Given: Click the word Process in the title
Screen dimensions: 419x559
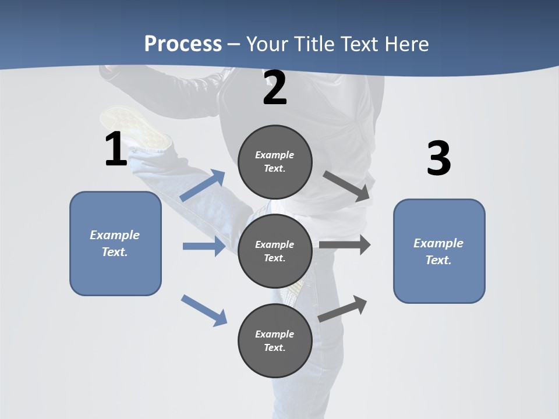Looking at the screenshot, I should click(183, 44).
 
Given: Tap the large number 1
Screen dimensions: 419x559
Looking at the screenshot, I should click(116, 149).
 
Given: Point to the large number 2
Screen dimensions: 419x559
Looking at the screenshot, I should click(275, 88).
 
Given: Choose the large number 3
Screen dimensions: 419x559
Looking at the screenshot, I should click(438, 158).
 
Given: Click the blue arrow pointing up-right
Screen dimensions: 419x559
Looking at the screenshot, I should click(203, 186).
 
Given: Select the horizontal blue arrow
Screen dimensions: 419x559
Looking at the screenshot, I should click(204, 246).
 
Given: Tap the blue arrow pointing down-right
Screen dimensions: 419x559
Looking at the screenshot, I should click(204, 310).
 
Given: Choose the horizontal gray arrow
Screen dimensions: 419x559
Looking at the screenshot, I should click(345, 245).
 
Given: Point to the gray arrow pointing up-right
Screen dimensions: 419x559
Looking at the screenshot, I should click(343, 309).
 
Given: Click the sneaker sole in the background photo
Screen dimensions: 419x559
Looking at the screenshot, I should click(133, 126).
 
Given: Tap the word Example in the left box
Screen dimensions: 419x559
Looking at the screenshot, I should click(115, 235).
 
